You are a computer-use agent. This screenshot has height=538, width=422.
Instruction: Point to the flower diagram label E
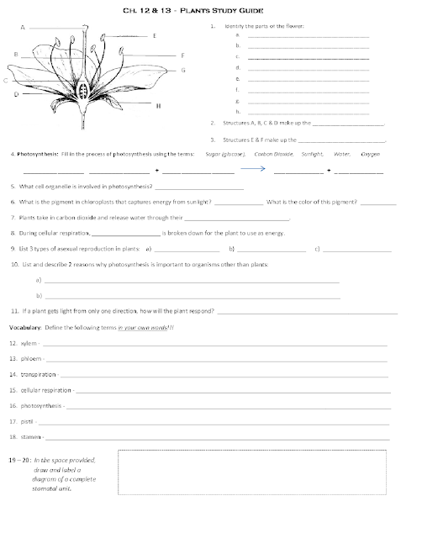tap(155, 36)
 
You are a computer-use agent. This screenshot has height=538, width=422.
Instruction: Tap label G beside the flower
tap(182, 70)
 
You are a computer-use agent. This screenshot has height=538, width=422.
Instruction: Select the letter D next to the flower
tap(16, 95)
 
